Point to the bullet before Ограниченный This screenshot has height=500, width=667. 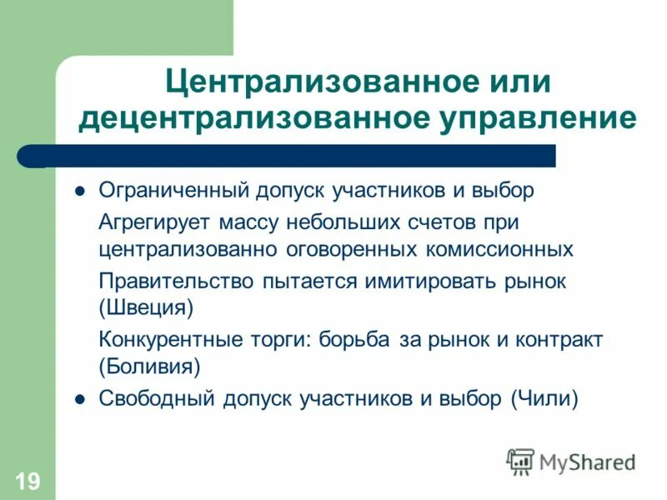click(x=80, y=191)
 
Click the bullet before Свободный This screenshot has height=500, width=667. click(x=80, y=399)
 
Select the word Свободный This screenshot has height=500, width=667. click(x=157, y=399)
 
